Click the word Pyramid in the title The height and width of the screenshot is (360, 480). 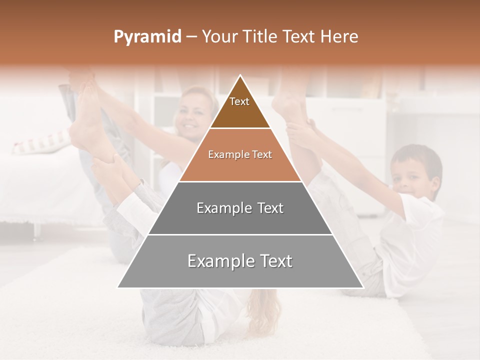pyautogui.click(x=147, y=37)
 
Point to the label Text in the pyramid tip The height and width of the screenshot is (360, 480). pyautogui.click(x=239, y=101)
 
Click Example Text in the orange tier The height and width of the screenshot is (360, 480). pyautogui.click(x=240, y=154)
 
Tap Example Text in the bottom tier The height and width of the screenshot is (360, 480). pyautogui.click(x=240, y=261)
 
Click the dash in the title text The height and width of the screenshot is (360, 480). pyautogui.click(x=191, y=37)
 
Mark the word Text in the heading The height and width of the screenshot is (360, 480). pyautogui.click(x=299, y=37)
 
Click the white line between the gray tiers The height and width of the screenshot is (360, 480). pyautogui.click(x=240, y=234)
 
